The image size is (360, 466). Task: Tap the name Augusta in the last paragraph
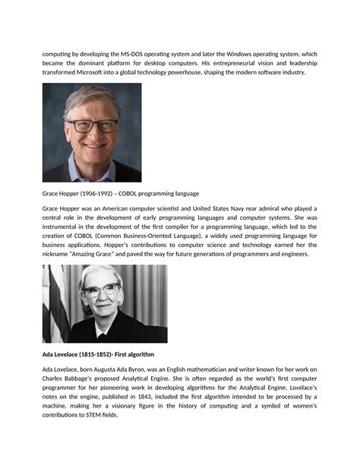point(117,369)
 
